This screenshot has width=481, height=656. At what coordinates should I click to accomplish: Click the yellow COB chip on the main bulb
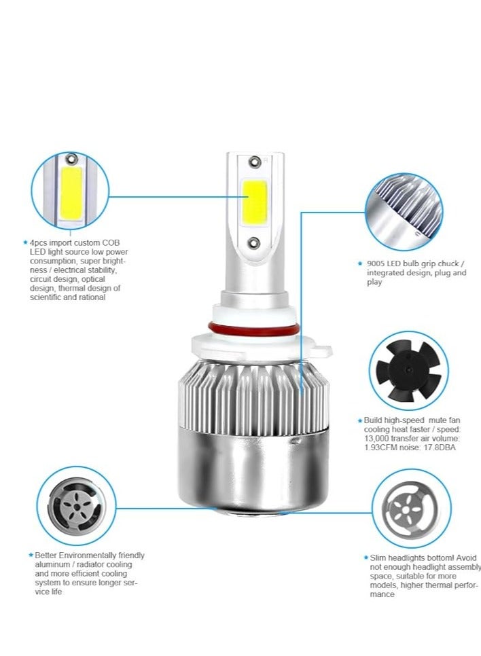click(254, 202)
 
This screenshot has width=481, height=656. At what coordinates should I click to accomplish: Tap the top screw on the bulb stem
click(254, 162)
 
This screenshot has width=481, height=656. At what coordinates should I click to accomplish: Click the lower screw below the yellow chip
click(253, 242)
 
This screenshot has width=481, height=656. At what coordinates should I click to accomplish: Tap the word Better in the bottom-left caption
click(47, 555)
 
